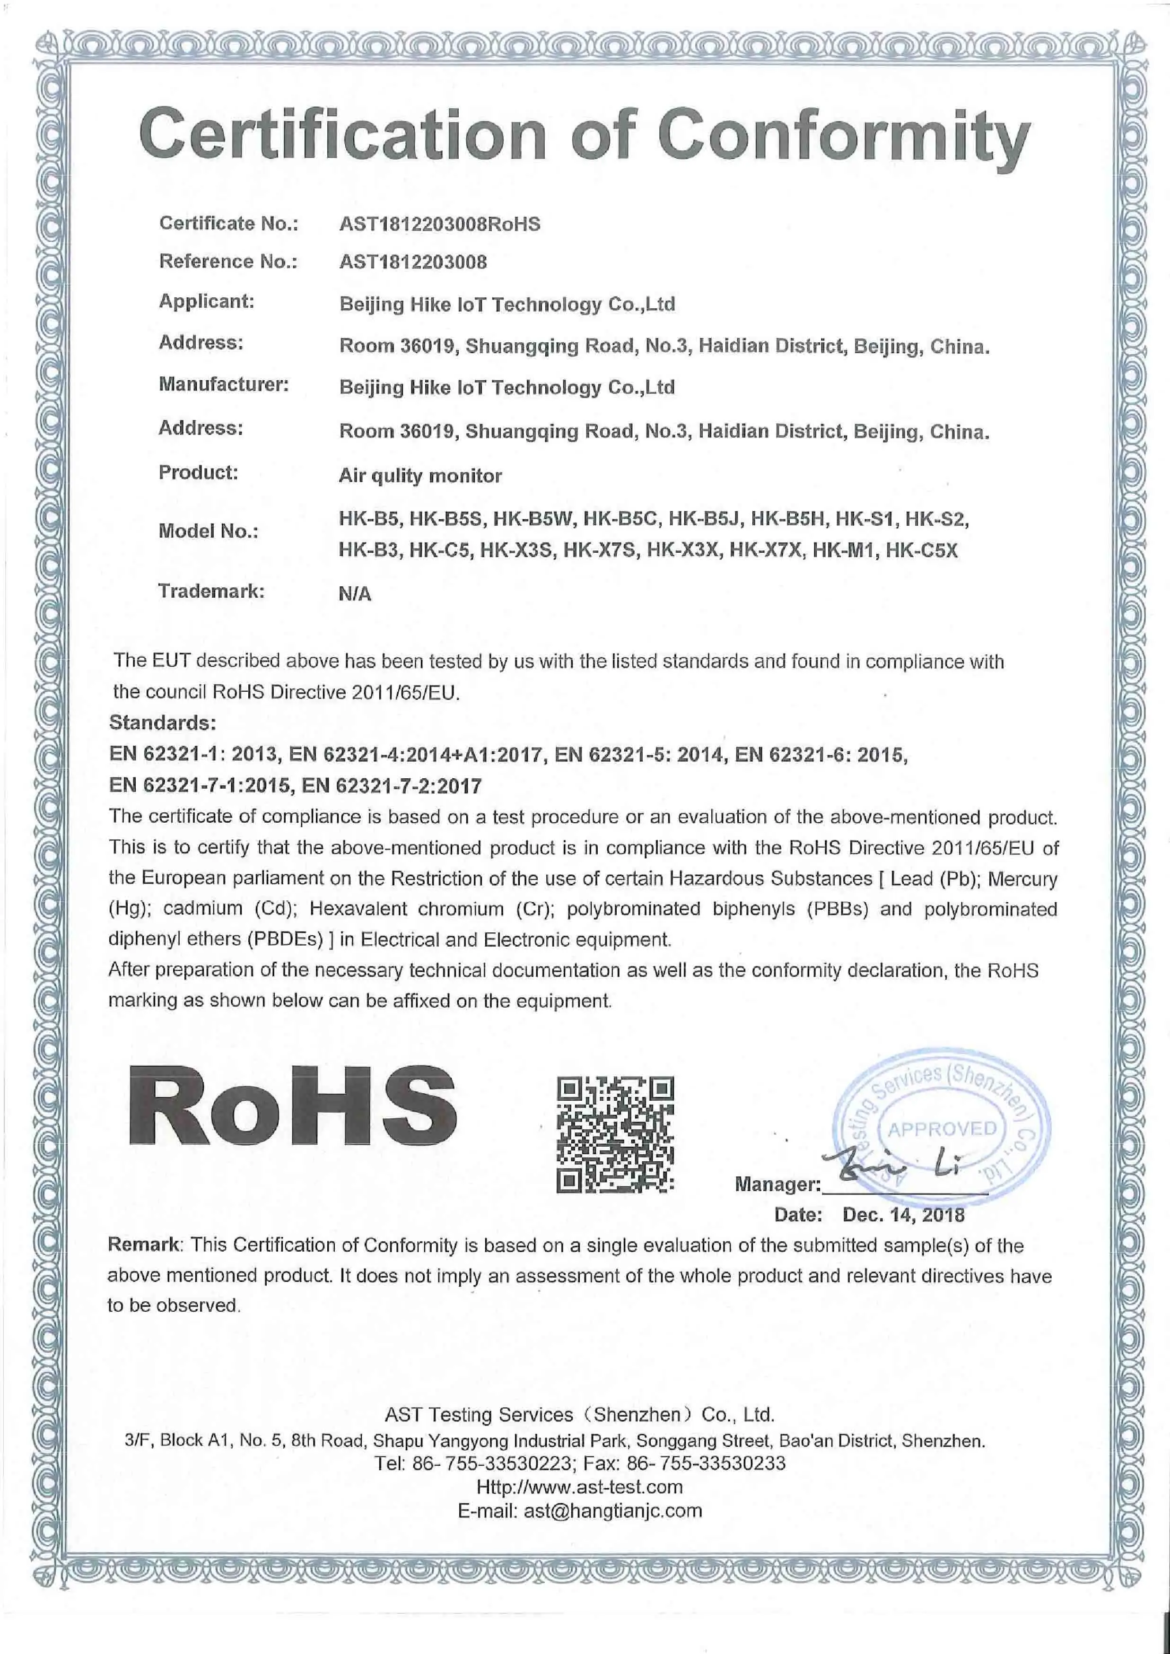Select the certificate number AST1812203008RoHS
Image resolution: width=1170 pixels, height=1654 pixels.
pos(439,224)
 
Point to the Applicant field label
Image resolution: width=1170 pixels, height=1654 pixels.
pos(207,301)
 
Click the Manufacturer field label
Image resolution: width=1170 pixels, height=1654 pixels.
pos(223,385)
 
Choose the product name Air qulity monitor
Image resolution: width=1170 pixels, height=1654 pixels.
pos(420,476)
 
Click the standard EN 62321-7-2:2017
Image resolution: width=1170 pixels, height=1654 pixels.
pos(392,785)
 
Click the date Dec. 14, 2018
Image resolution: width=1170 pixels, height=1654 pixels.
pos(903,1215)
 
